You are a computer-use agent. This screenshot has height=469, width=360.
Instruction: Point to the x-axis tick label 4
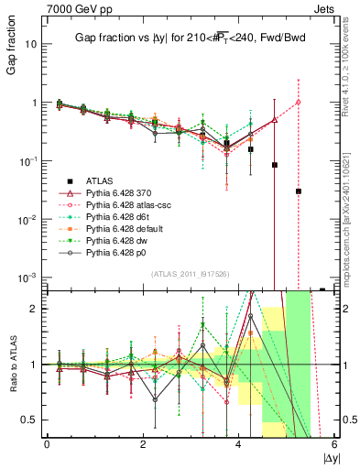point(238,444)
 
